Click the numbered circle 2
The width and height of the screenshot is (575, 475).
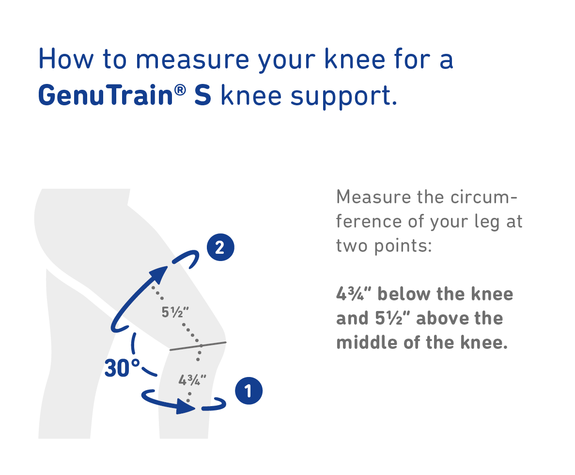point(220,247)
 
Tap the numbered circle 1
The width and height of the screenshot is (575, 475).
point(249,391)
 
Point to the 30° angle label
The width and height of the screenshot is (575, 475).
point(122,368)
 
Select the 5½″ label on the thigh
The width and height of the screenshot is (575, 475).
point(175,312)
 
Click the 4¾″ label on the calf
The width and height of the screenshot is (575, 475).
point(192,380)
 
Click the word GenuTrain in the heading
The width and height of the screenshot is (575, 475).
point(106,95)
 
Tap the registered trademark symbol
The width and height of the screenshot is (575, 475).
point(180,90)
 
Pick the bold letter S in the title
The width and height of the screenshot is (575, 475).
point(203,96)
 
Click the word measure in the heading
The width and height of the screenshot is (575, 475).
point(192,60)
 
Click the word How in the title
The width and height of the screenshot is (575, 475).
point(66,59)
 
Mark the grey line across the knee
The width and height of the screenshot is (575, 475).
point(198,345)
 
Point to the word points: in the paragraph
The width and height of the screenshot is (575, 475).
point(403,246)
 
